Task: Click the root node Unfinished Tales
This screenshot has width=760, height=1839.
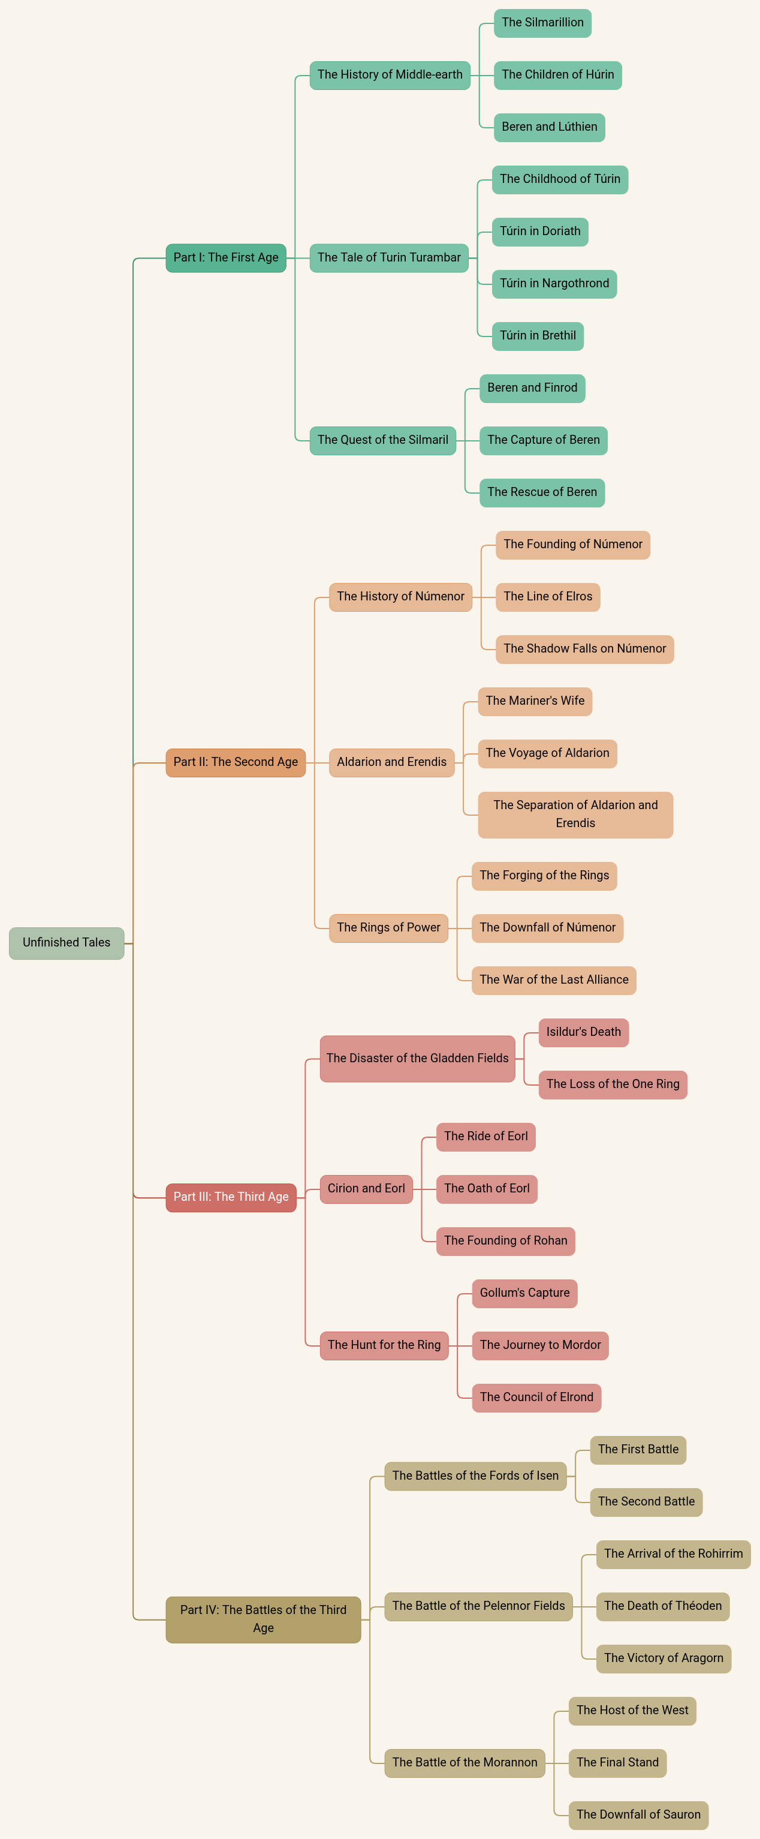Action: [67, 942]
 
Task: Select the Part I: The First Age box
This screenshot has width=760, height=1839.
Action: [225, 258]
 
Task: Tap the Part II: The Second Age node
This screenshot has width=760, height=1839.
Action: [236, 762]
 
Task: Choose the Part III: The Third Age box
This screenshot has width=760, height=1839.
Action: [231, 1197]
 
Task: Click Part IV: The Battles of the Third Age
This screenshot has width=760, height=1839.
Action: [263, 1618]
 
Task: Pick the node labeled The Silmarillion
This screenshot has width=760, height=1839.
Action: [542, 23]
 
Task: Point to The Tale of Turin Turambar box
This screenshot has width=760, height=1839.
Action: [389, 258]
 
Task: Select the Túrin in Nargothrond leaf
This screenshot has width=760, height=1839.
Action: [554, 284]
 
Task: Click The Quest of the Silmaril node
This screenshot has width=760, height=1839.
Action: [382, 440]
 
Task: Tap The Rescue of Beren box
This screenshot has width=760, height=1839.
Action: [542, 492]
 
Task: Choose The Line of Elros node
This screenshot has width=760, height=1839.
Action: [547, 596]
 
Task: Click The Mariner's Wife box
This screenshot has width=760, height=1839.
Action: [535, 701]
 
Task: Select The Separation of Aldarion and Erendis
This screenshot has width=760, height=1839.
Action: [575, 814]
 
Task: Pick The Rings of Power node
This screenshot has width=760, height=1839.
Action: [388, 927]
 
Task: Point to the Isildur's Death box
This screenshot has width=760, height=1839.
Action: [583, 1032]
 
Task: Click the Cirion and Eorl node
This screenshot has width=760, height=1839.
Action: [366, 1189]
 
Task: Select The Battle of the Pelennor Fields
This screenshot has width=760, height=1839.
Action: [478, 1606]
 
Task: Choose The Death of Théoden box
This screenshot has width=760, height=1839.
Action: [662, 1606]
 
